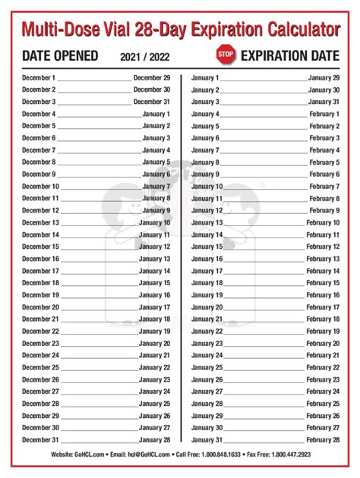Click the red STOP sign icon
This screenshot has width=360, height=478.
click(x=226, y=55)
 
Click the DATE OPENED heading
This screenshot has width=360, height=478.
click(x=60, y=55)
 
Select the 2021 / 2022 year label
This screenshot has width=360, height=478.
click(x=144, y=56)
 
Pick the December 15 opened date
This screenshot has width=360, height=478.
click(x=40, y=247)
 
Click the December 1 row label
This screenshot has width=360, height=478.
click(x=39, y=77)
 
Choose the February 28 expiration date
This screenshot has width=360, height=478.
click(x=323, y=440)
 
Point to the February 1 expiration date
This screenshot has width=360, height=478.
click(x=324, y=114)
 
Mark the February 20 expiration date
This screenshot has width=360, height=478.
click(x=323, y=343)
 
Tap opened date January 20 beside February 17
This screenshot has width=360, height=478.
click(x=207, y=307)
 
